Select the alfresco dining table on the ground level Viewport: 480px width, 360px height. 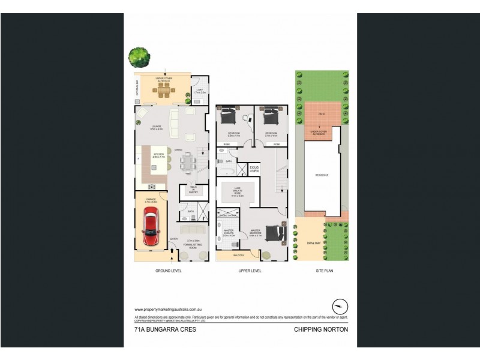click(x=163, y=91)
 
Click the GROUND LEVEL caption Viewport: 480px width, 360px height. click(x=169, y=271)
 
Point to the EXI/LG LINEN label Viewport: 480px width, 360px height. click(x=254, y=169)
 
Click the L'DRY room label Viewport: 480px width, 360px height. click(x=200, y=92)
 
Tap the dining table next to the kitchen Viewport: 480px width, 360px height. click(x=187, y=160)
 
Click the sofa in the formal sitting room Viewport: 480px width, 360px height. click(x=194, y=230)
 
